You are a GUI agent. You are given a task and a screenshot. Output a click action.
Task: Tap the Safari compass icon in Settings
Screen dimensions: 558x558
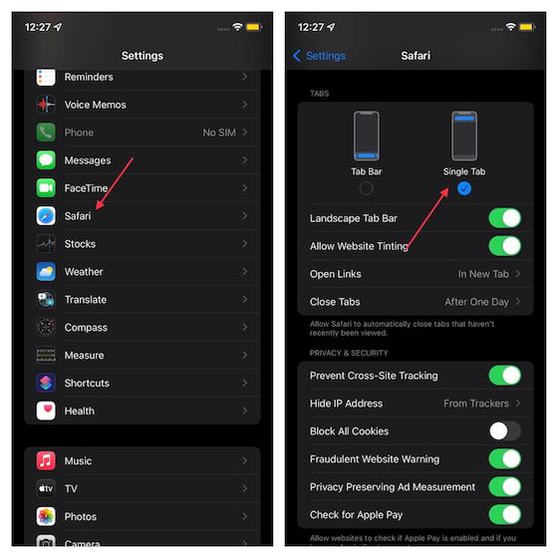click(x=46, y=215)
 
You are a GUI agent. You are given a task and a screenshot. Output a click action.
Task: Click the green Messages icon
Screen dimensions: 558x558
click(x=46, y=159)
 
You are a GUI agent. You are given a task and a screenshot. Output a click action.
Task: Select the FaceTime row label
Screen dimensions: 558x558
click(x=86, y=187)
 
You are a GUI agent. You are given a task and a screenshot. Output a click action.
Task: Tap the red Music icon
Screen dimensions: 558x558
click(x=46, y=460)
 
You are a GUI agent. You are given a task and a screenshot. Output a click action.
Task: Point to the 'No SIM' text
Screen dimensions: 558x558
click(x=217, y=133)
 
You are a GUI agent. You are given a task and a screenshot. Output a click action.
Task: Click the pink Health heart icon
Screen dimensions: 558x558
click(x=46, y=411)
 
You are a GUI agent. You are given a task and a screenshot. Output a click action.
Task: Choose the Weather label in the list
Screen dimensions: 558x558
click(x=84, y=271)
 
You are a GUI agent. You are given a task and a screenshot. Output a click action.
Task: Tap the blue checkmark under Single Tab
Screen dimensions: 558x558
click(x=464, y=188)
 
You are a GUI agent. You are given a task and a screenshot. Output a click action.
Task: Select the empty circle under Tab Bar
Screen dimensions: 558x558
click(x=367, y=188)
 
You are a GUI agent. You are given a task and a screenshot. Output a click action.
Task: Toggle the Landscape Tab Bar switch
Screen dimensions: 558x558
click(x=504, y=218)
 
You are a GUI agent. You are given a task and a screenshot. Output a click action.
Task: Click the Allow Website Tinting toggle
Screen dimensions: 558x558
click(x=504, y=246)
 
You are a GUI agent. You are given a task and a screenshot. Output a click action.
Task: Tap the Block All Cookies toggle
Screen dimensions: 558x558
click(x=504, y=431)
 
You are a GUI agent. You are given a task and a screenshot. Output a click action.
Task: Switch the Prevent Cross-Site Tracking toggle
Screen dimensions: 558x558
click(x=504, y=376)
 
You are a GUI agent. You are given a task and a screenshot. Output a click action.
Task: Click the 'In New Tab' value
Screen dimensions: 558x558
click(x=483, y=274)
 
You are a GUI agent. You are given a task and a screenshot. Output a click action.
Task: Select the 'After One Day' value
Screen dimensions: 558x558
click(x=476, y=302)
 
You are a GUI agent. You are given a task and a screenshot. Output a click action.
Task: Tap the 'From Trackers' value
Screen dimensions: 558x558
click(x=476, y=404)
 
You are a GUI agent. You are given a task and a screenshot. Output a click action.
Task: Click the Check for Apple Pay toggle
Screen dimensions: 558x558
click(x=504, y=514)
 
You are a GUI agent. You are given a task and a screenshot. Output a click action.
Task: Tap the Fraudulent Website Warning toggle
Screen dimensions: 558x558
click(x=504, y=459)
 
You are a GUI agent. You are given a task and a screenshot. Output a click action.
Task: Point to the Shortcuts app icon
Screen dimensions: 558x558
click(x=46, y=383)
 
